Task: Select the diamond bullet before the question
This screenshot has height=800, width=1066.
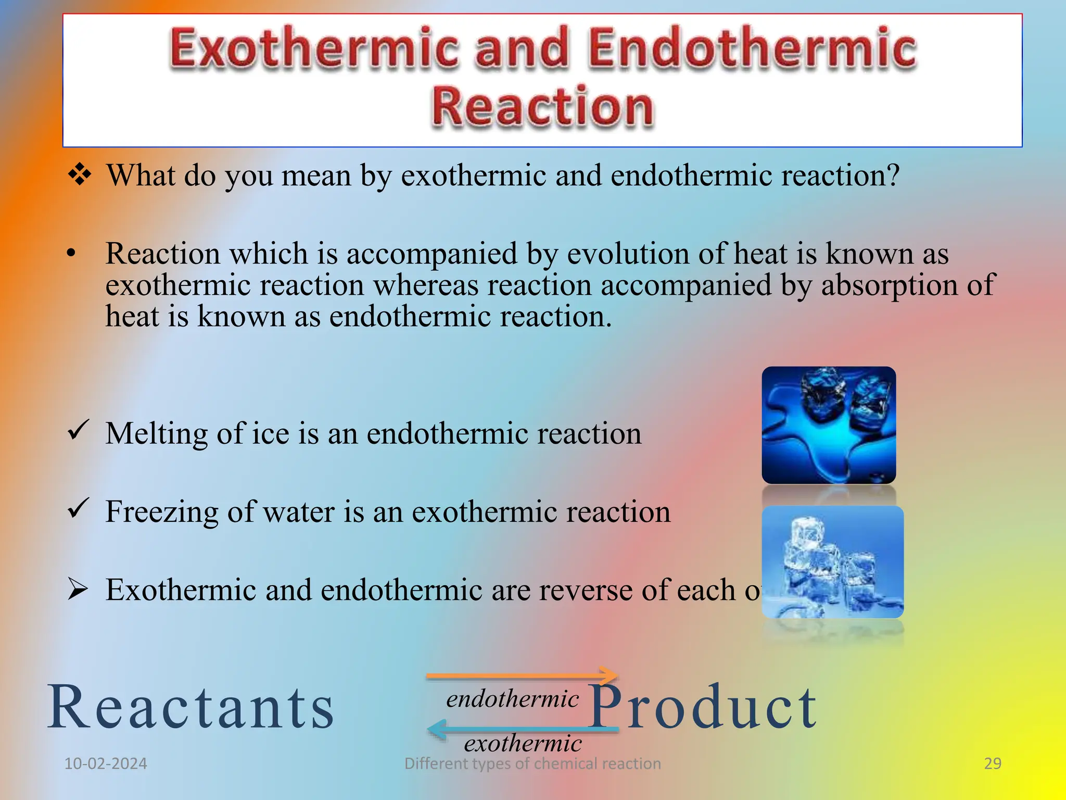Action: tap(80, 174)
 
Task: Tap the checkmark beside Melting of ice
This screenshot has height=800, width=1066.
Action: tap(79, 431)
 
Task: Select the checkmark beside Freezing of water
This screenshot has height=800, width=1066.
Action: tap(79, 509)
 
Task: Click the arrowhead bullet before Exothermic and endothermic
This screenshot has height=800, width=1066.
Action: tap(78, 589)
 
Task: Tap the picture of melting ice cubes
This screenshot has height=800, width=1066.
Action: tap(828, 425)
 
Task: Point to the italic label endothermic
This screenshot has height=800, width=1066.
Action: tap(512, 699)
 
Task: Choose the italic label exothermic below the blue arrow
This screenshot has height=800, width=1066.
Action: tap(523, 743)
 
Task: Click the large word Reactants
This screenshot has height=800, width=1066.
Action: tap(191, 707)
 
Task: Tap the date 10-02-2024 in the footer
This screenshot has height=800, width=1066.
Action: tap(106, 764)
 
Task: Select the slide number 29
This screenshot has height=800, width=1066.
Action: tap(993, 764)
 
